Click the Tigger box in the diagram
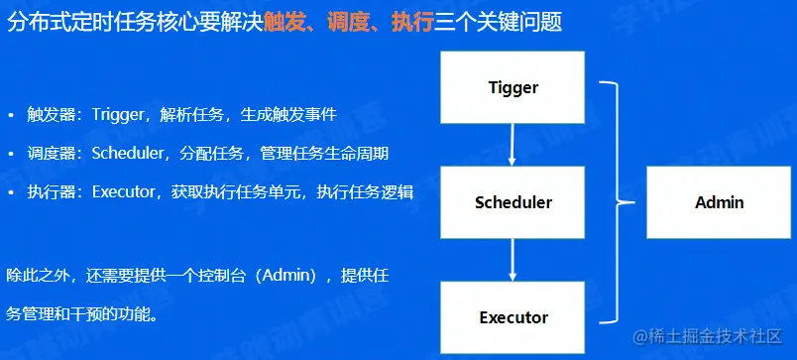pyautogui.click(x=512, y=87)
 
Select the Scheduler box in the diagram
pyautogui.click(x=512, y=202)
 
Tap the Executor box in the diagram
pyautogui.click(x=512, y=317)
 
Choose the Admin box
pyautogui.click(x=719, y=202)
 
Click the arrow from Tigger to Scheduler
pyautogui.click(x=512, y=145)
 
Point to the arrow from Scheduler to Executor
pyautogui.click(x=512, y=260)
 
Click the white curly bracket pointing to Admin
pyautogui.click(x=618, y=202)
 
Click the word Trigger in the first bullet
pyautogui.click(x=118, y=115)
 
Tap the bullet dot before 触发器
pyautogui.click(x=11, y=115)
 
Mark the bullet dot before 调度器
pyautogui.click(x=11, y=154)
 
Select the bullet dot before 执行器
pyautogui.click(x=11, y=192)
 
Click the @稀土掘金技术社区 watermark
pyautogui.click(x=707, y=336)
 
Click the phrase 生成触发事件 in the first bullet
pyautogui.click(x=288, y=115)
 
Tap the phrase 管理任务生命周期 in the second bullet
pyautogui.click(x=324, y=154)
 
